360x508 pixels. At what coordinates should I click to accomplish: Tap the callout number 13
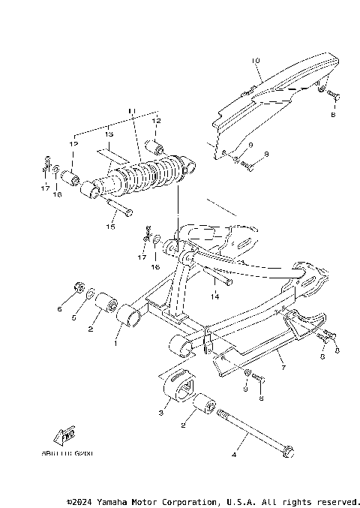pos(108,134)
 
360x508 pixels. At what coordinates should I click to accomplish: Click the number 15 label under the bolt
pos(110,226)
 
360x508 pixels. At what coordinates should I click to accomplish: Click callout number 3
pos(161,412)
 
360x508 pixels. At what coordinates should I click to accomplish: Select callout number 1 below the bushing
pos(115,344)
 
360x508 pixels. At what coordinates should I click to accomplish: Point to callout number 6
pos(60,308)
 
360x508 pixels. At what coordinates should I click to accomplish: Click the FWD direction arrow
pos(65,435)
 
